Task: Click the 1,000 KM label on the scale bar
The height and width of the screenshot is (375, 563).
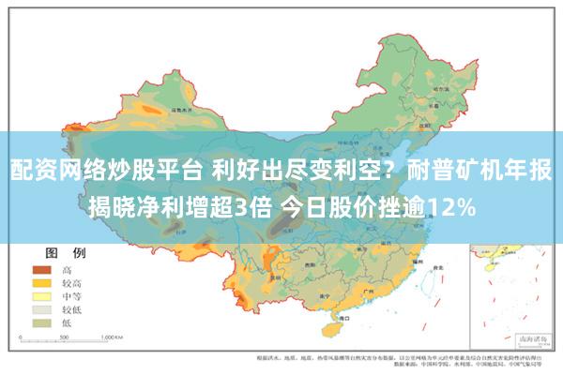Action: click(x=113, y=336)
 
